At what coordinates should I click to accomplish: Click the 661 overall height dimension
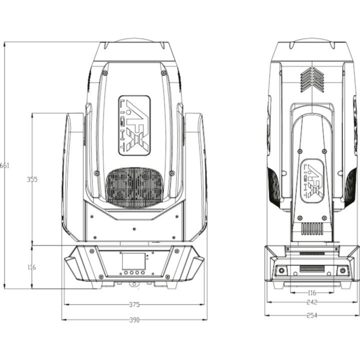[x=4, y=165]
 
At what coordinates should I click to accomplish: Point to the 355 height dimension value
[x=32, y=179]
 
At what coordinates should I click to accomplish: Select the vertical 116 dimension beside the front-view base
[x=31, y=267]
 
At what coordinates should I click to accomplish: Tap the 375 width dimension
[x=134, y=304]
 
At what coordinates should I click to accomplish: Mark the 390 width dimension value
[x=134, y=320]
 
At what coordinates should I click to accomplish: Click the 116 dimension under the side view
[x=311, y=292]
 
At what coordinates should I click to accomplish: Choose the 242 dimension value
[x=311, y=302]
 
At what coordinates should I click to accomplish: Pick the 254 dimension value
[x=311, y=315]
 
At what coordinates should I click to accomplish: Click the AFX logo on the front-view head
[x=134, y=125]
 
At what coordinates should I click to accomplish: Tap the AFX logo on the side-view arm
[x=312, y=179]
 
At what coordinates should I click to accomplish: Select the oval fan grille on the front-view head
[x=134, y=187]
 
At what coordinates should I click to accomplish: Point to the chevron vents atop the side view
[x=312, y=80]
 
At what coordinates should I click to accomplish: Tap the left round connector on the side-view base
[x=281, y=270]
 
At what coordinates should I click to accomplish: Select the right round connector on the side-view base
[x=342, y=270]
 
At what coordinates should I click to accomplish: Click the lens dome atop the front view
[x=134, y=40]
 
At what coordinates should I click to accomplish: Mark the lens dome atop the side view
[x=312, y=40]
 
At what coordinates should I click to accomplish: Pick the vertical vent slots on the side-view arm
[x=312, y=228]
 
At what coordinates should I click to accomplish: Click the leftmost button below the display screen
[x=124, y=272]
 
